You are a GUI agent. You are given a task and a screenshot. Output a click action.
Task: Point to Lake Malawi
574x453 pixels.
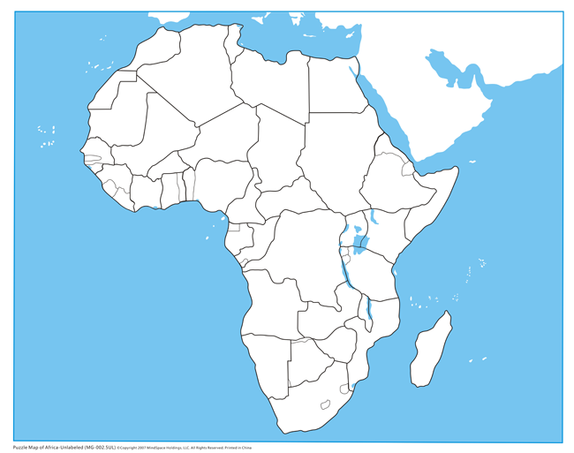[x=370, y=310]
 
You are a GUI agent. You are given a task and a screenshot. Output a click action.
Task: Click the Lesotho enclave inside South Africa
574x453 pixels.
[x=326, y=404]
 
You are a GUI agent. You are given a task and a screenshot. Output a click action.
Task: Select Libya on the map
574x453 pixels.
[x=269, y=84]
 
